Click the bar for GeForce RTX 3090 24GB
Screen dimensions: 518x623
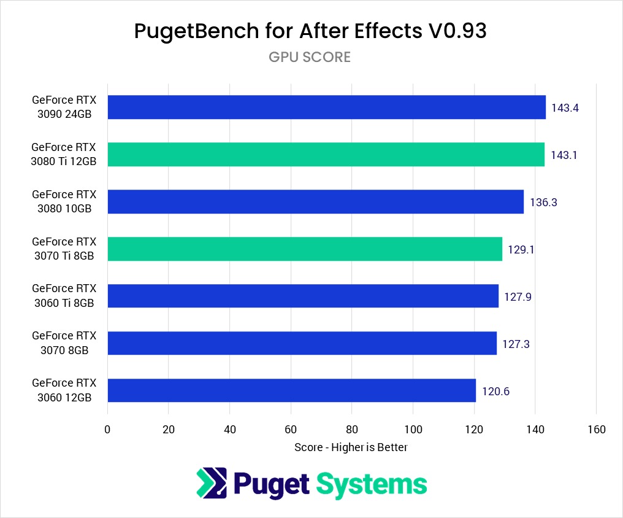point(326,107)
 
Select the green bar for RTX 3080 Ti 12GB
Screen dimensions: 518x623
point(326,155)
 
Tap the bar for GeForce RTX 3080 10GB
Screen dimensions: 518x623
point(315,201)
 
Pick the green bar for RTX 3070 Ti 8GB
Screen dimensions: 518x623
point(305,249)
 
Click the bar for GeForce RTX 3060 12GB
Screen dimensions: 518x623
point(291,390)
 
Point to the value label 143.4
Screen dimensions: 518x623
point(565,108)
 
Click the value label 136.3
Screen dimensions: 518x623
point(543,202)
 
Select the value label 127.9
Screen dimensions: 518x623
point(518,296)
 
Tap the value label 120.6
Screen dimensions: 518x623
point(495,391)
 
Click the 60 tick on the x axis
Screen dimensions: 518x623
point(291,429)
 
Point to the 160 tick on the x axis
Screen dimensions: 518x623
point(596,429)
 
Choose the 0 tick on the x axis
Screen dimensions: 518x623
point(107,429)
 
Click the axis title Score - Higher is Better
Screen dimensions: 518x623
point(351,447)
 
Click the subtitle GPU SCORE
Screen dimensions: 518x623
point(310,57)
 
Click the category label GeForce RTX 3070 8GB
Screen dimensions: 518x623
point(64,343)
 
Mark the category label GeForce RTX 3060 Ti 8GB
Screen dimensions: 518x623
point(64,296)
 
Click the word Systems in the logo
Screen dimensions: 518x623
point(372,484)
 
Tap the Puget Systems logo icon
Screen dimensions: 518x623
point(212,484)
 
